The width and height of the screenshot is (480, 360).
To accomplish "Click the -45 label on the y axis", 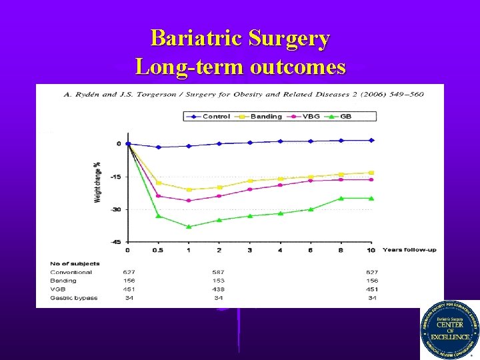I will tap(115, 242).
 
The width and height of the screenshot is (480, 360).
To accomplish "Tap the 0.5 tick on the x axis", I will tap(158, 250).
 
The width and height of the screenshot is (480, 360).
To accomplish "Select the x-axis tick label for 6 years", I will tap(311, 250).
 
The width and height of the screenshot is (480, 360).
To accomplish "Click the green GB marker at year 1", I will tap(189, 227).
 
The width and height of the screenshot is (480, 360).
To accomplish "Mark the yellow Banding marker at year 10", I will tap(371, 173).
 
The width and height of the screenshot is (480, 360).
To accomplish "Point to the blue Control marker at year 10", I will tap(371, 140).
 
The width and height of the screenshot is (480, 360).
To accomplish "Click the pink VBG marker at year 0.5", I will tap(158, 196).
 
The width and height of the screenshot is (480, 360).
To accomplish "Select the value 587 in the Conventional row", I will tap(219, 272).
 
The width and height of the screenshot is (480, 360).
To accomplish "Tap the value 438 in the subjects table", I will tap(219, 289).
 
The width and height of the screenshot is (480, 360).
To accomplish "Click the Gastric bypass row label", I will tap(73, 298).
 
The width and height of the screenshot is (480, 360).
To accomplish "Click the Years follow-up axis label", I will tap(410, 250).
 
